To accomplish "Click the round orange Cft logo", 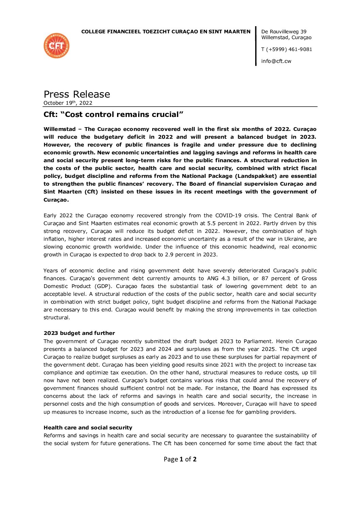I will (56, 46).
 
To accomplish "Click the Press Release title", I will (77, 94).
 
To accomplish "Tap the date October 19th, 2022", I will (68, 103).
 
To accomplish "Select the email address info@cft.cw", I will (276, 61).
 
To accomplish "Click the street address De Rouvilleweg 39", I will (284, 32).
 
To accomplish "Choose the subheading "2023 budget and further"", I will (79, 333).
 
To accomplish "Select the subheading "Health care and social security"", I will (88, 428).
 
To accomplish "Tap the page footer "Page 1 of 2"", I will (180, 459).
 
